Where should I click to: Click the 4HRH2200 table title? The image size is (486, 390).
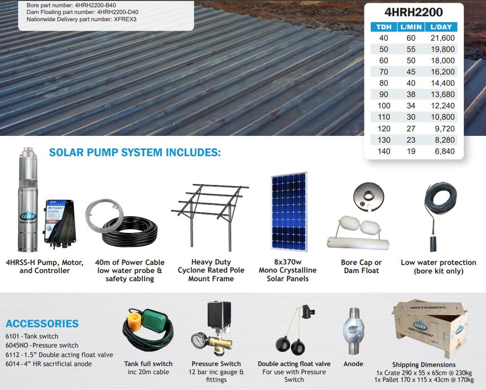point(413,12)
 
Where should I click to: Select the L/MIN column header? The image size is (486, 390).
point(410,27)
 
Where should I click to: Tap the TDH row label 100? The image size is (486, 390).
point(384,106)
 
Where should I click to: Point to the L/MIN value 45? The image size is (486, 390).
point(411,72)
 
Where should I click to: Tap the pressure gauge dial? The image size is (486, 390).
point(198,340)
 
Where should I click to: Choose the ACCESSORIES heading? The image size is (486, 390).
point(42,324)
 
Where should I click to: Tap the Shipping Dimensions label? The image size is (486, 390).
point(424,365)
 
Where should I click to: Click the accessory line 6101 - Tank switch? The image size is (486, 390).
point(32,337)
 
